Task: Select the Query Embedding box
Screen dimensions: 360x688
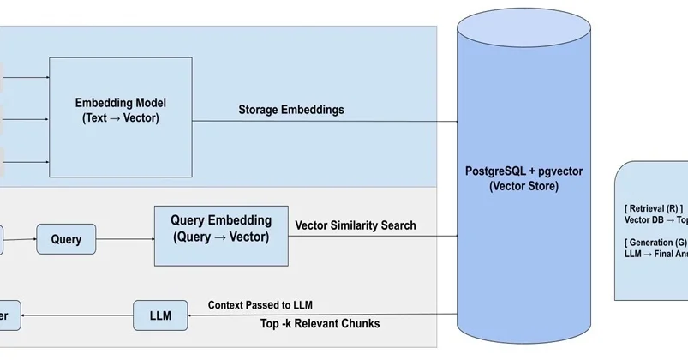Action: pyautogui.click(x=221, y=235)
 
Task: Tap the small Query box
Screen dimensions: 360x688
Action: pyautogui.click(x=66, y=239)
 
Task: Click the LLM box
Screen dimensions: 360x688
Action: pyautogui.click(x=160, y=315)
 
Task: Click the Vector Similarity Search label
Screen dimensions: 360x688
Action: pyautogui.click(x=356, y=225)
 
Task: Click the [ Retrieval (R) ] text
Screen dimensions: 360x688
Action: pyautogui.click(x=654, y=207)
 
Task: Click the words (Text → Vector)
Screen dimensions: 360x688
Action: pyautogui.click(x=121, y=118)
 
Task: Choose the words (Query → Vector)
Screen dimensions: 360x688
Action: pyautogui.click(x=221, y=237)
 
